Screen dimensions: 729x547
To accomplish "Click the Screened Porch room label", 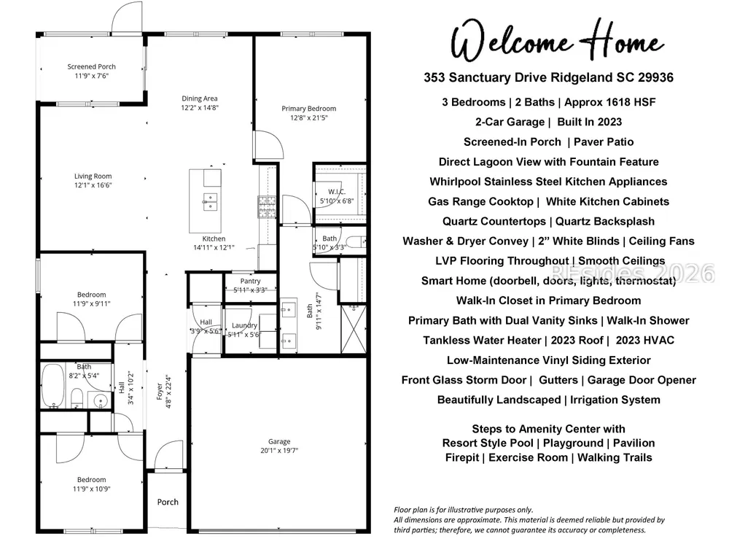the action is pos(92,66).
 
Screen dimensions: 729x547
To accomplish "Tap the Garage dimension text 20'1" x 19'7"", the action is pos(279,450).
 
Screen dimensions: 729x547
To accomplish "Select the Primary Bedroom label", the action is pos(308,109).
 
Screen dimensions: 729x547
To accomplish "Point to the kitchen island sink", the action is pos(210,201).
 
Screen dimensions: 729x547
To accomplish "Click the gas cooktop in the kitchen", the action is pos(267,207).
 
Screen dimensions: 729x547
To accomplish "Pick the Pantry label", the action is pos(251,281).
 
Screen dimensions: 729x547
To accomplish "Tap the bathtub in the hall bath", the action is pos(52,386).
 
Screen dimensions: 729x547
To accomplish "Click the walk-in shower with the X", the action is pos(354,329).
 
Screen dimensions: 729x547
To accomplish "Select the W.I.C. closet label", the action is pos(337,192).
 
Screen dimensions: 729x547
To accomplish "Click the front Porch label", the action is pos(168,502).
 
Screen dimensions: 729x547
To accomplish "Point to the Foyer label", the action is pos(160,392).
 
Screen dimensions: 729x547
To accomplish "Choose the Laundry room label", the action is pos(244,325).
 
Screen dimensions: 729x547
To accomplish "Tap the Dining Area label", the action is pos(200,98).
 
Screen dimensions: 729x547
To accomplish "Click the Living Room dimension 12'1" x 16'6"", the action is pos(93,185).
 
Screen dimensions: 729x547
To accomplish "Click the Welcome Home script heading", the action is pos(556,41).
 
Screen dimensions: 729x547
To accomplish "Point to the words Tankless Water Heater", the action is pos(483,341).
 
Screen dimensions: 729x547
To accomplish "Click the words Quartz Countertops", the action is pos(494,222).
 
